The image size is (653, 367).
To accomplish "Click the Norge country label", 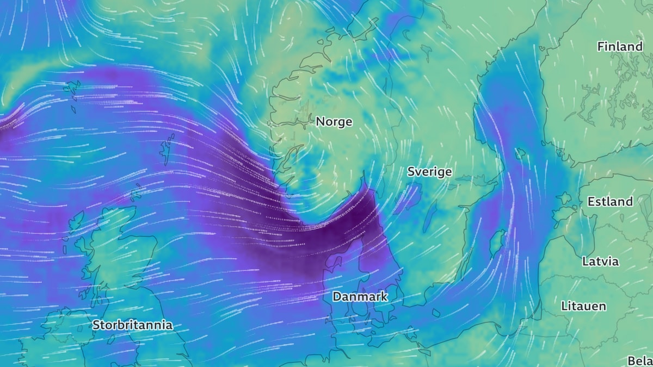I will point(334,122).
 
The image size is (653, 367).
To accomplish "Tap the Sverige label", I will point(429,172).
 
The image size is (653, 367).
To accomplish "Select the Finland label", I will point(620,47).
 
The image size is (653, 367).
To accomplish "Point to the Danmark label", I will point(360,296).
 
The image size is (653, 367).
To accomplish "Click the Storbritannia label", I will point(132,325).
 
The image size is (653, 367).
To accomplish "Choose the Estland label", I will point(610,202).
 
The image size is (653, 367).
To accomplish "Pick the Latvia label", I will point(600,261).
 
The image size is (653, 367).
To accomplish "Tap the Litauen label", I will point(583,306).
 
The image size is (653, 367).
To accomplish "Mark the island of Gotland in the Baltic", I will point(496,242).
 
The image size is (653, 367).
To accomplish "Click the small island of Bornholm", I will point(436,313).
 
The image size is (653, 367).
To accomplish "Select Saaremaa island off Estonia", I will point(560,213).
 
